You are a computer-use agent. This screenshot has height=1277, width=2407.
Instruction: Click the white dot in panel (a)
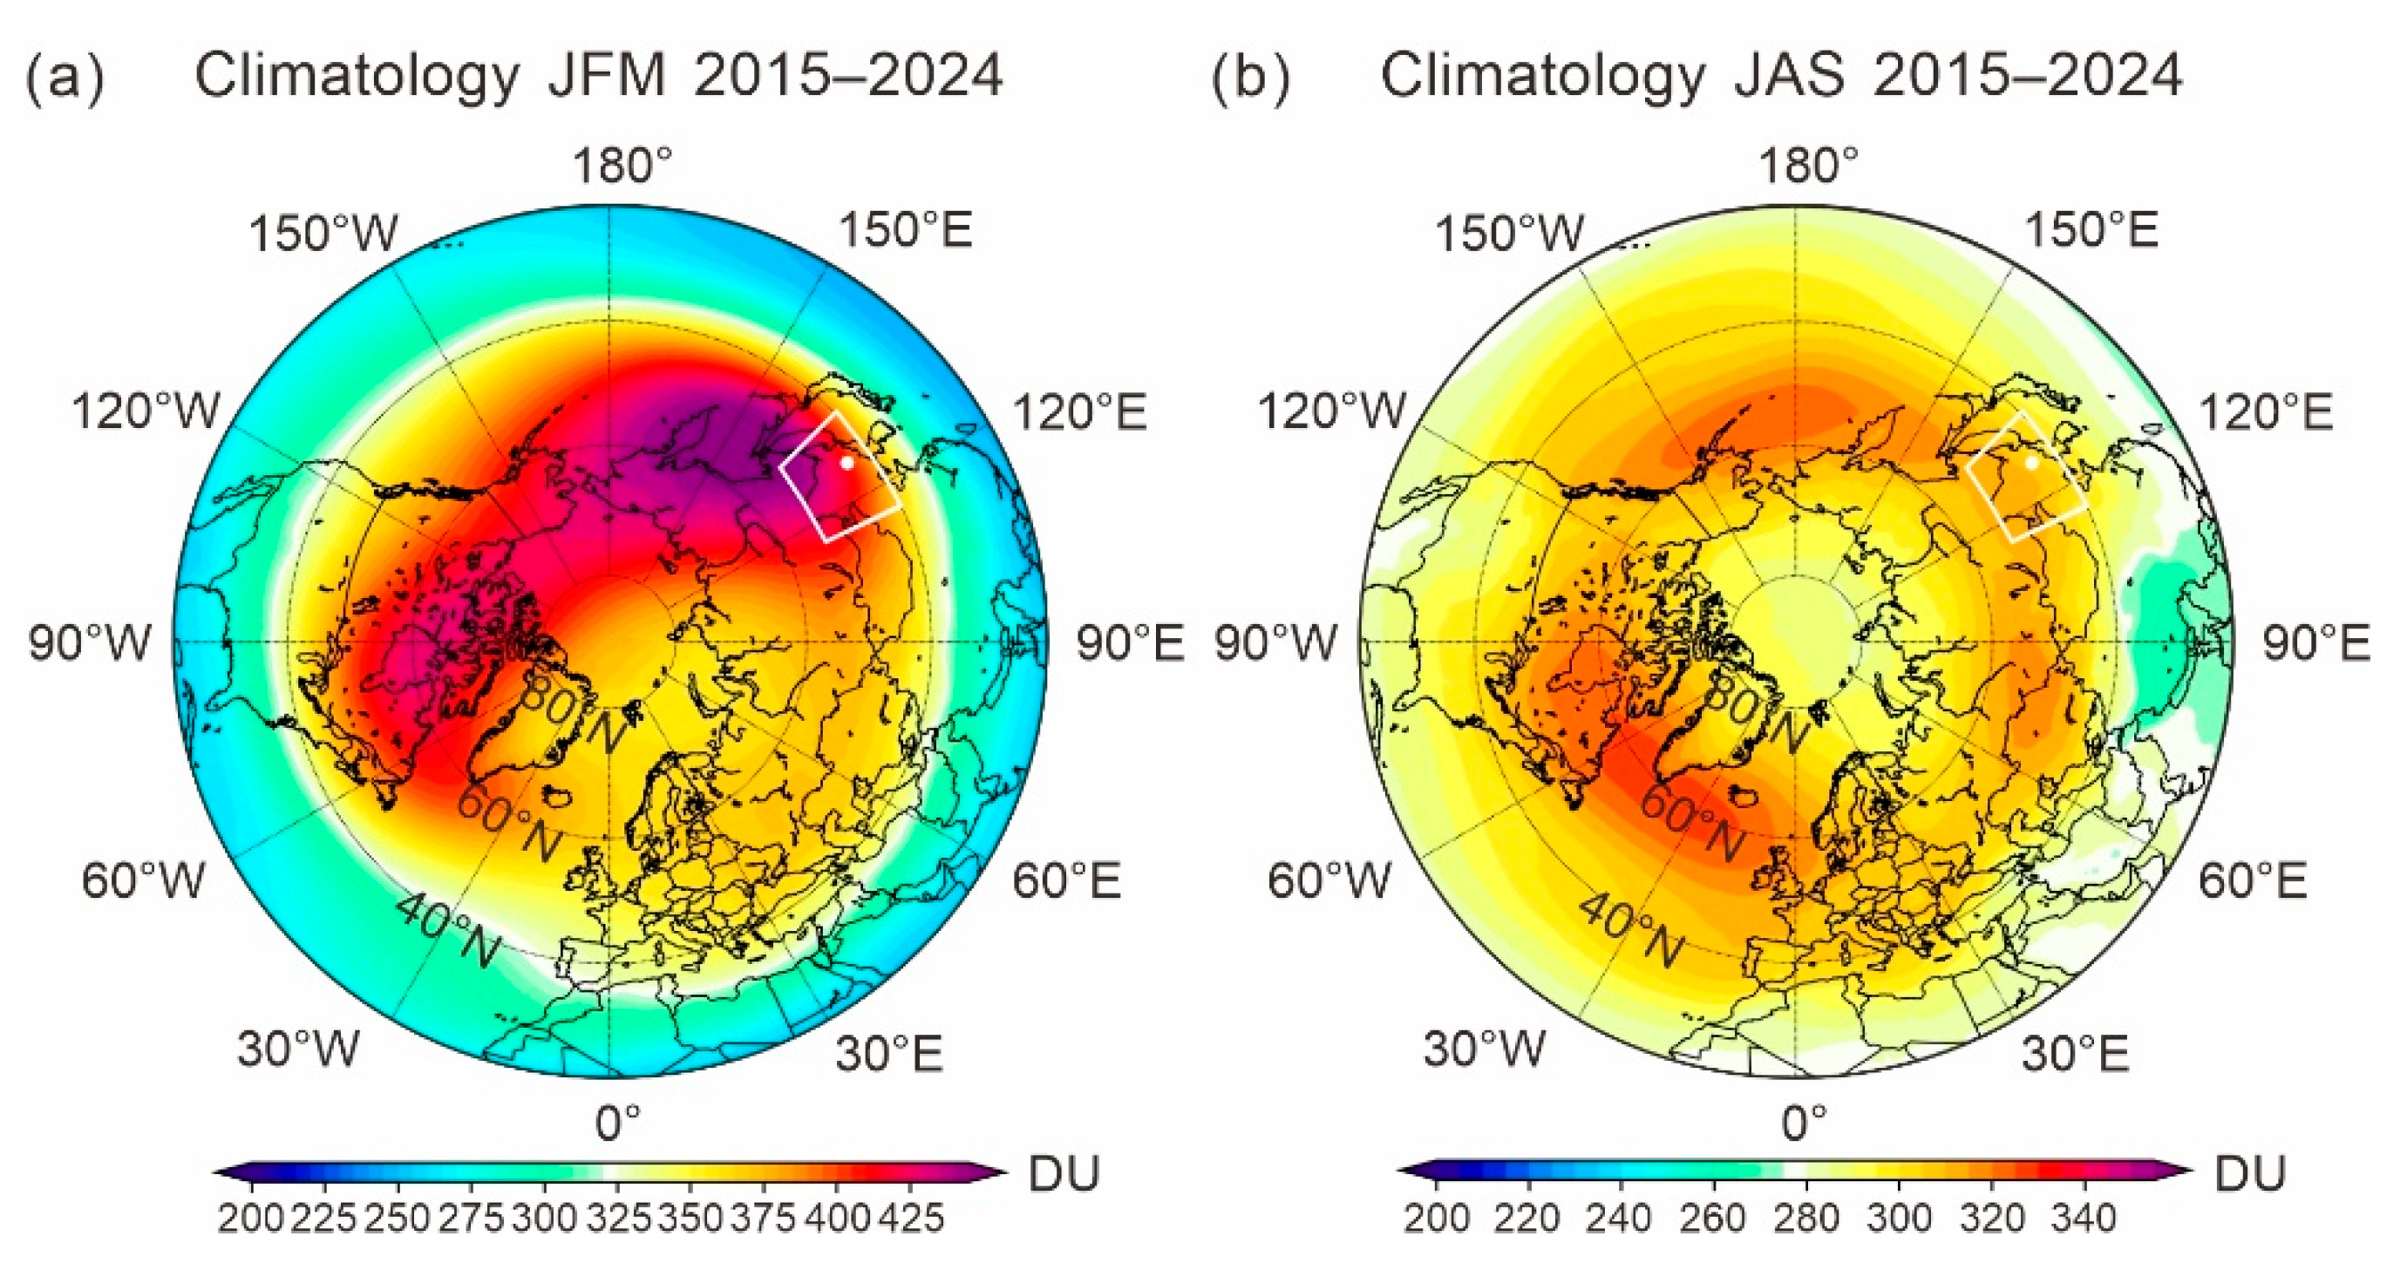(847, 462)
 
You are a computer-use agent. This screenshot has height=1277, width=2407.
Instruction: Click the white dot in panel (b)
(2031, 462)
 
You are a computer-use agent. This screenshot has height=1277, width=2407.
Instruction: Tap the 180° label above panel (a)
(623, 166)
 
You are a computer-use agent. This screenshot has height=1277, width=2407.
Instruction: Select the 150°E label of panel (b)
(2091, 230)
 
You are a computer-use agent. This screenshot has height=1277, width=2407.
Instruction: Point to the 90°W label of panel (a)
(91, 643)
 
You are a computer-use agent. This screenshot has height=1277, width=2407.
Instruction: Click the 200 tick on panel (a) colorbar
(251, 1218)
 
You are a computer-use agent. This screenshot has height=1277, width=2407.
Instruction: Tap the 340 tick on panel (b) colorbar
(2084, 1218)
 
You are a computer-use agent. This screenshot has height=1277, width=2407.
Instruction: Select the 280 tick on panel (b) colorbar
(1806, 1218)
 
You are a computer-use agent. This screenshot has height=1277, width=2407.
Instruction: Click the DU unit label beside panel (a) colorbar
(1065, 1172)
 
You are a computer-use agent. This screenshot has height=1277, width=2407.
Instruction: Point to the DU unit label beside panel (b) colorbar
(2250, 1172)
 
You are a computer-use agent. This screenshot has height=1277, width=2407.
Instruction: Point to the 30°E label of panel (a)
(889, 1054)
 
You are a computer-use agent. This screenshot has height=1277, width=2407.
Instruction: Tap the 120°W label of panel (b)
(1332, 411)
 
